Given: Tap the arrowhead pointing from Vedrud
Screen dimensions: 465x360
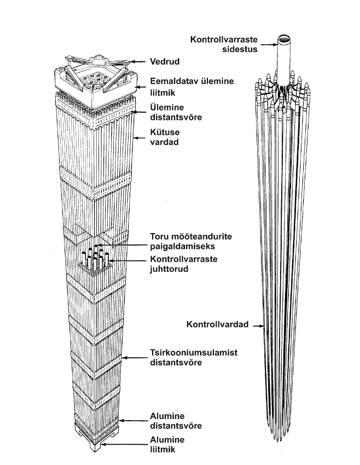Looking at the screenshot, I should pos(136,61).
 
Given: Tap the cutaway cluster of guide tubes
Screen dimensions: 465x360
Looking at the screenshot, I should pos(96,260).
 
